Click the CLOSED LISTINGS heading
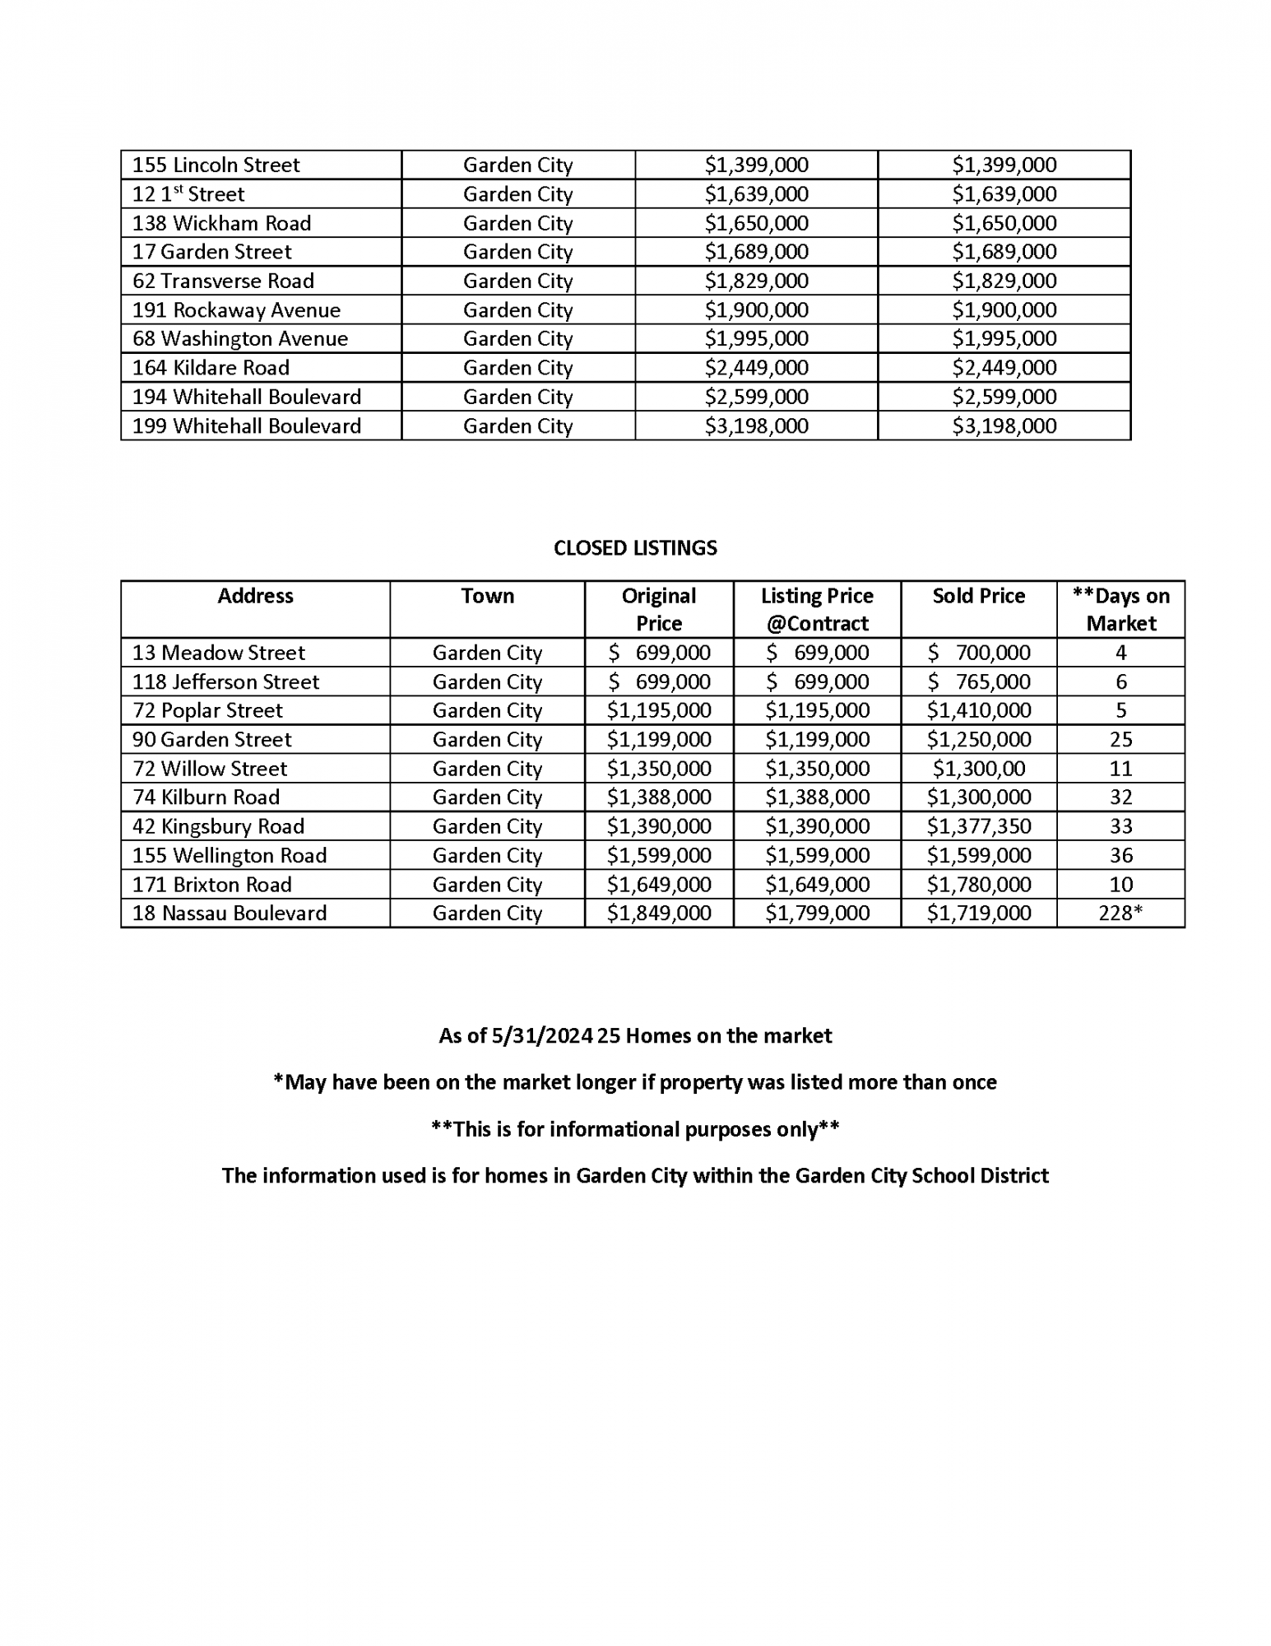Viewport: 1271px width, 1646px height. [635, 548]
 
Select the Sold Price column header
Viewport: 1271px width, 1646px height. [978, 596]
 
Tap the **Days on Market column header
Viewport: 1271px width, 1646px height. [1120, 609]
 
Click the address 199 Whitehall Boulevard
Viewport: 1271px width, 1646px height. [247, 426]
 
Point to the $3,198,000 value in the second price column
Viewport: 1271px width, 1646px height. [1004, 426]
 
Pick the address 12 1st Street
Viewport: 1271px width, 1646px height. [188, 194]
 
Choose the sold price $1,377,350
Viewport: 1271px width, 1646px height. [978, 826]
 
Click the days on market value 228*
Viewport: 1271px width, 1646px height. [1120, 913]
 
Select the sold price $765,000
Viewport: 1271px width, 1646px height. [978, 681]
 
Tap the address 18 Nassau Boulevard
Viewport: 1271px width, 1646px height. [230, 913]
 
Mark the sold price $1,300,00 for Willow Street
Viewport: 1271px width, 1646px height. [978, 769]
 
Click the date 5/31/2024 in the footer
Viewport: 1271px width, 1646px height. [542, 1035]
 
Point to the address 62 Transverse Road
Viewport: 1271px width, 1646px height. [223, 281]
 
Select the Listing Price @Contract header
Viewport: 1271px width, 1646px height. [817, 609]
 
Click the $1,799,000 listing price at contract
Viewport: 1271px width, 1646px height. [817, 913]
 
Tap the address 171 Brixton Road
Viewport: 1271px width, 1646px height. [212, 885]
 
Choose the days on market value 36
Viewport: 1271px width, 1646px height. [1120, 855]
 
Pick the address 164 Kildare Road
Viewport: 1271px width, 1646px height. [211, 368]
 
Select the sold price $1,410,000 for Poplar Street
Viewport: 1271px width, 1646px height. [978, 710]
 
